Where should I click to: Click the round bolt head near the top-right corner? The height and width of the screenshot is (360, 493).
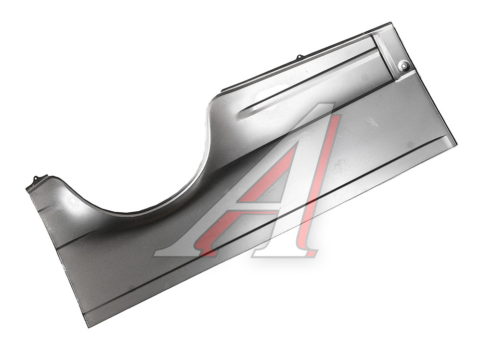403,66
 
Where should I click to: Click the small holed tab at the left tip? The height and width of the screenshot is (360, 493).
36,179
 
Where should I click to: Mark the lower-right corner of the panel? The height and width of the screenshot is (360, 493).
456,144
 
